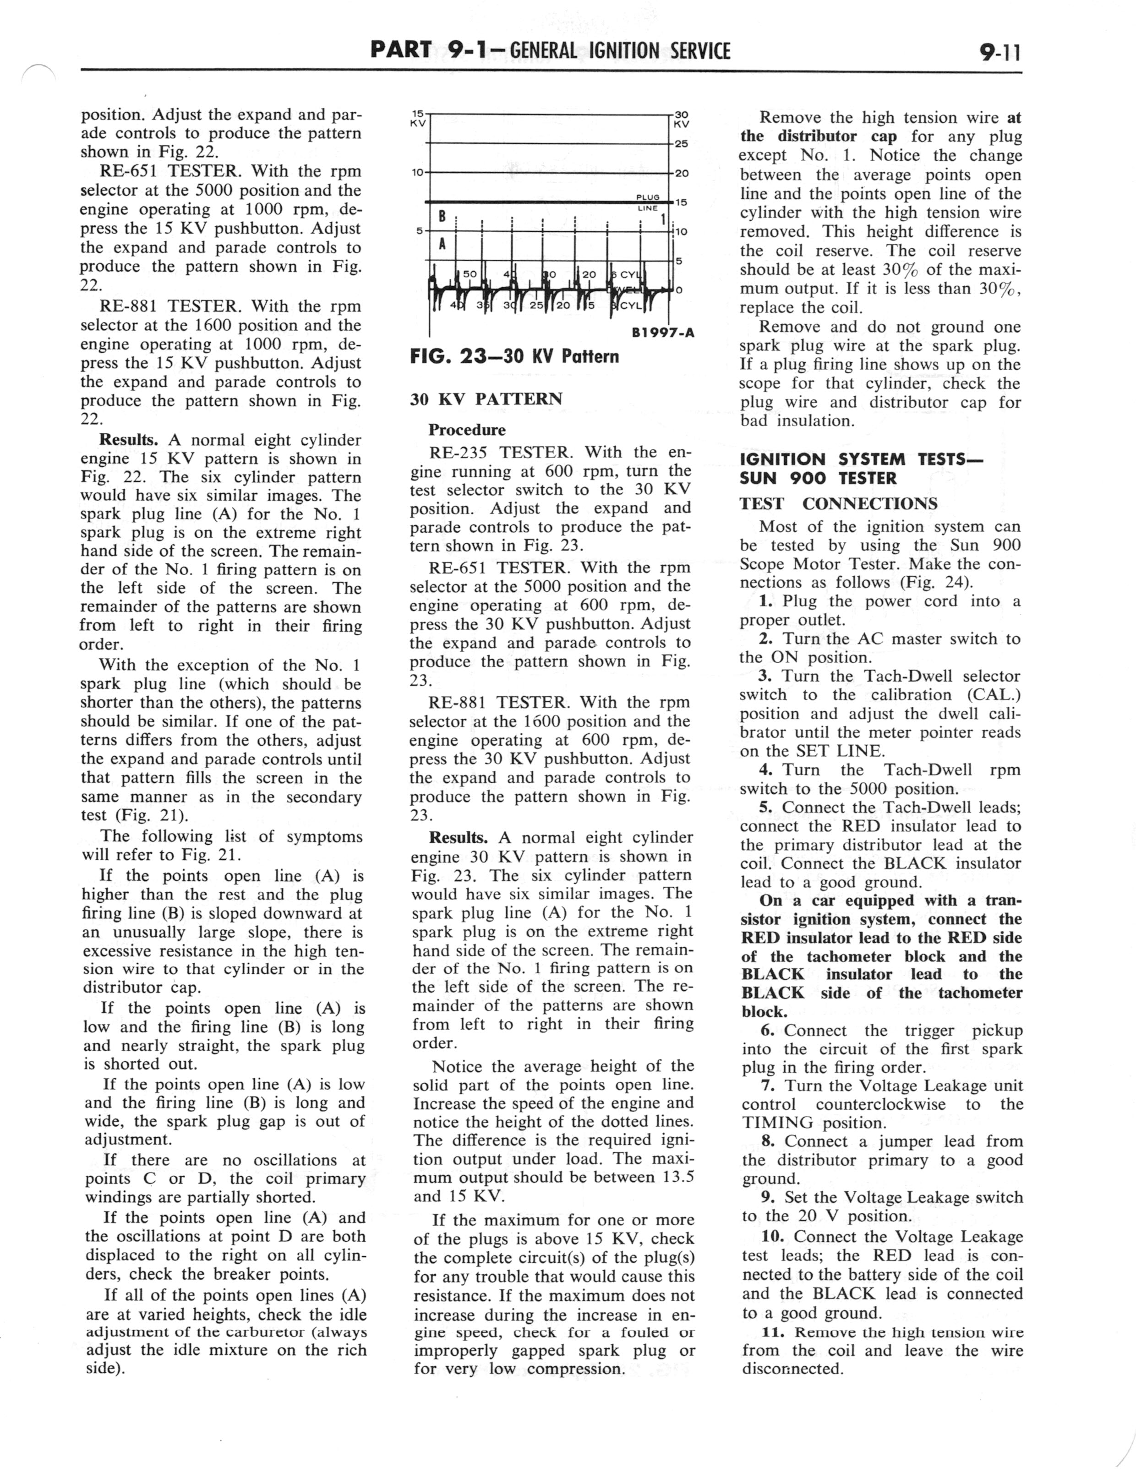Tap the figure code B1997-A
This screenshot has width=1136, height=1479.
point(663,333)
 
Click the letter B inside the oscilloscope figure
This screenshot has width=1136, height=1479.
point(442,217)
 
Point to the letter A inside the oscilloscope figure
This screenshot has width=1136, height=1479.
point(442,244)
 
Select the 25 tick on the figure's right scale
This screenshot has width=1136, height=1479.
point(681,144)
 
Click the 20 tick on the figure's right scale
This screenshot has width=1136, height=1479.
point(681,173)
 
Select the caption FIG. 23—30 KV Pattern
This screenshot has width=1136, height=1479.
point(514,356)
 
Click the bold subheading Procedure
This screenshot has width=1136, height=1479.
point(467,430)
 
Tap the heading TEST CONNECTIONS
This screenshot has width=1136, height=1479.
point(838,503)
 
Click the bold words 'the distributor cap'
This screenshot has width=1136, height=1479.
point(818,136)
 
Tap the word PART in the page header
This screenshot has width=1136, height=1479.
point(401,50)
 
